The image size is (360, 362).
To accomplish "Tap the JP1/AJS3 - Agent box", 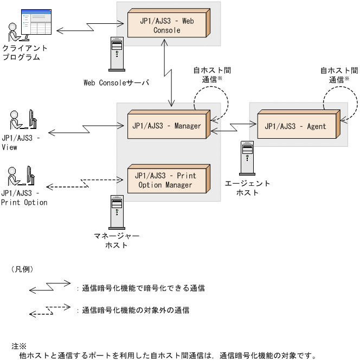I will (x=295, y=126).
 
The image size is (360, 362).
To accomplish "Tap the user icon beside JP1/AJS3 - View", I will (x=22, y=123).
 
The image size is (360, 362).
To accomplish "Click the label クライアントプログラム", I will (x=21, y=53).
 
